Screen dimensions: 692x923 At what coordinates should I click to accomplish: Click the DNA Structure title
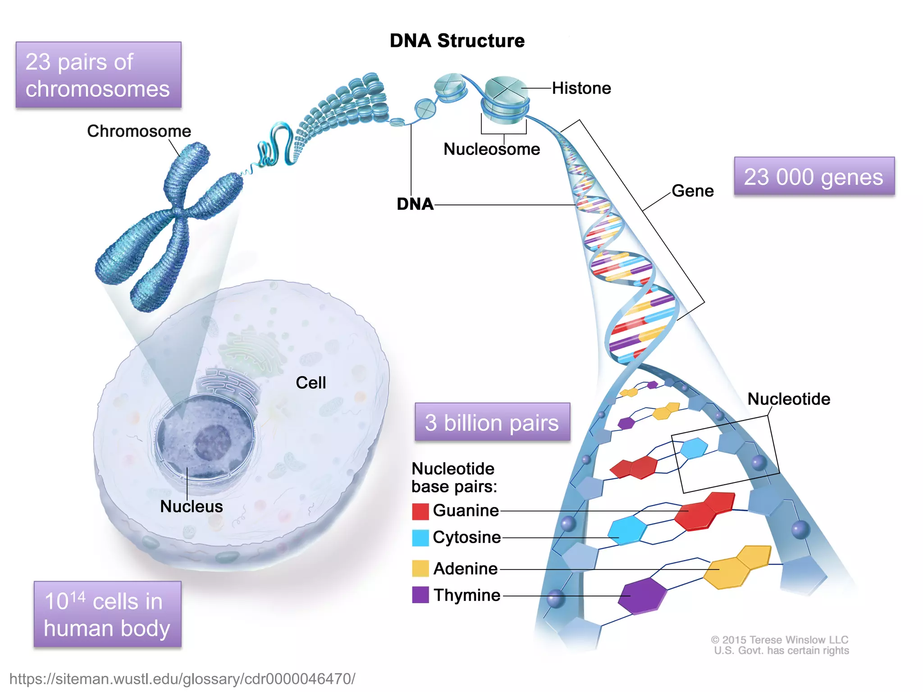[x=457, y=41]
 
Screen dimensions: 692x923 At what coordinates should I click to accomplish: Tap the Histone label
[x=581, y=88]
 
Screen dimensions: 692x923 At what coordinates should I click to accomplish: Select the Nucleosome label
[x=492, y=149]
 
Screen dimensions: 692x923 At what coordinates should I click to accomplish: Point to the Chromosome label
[x=139, y=131]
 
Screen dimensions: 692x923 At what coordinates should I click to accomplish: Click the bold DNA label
[x=415, y=204]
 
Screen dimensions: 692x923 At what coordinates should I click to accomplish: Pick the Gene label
[x=693, y=191]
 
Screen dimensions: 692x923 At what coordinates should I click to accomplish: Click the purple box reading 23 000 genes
[x=814, y=176]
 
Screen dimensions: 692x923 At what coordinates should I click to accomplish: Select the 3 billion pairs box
[x=492, y=422]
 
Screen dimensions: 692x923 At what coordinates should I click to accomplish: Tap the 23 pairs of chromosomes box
[x=98, y=75]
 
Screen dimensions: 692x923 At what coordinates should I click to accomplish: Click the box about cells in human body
[x=107, y=614]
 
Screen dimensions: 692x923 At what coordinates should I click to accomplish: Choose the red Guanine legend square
[x=420, y=511]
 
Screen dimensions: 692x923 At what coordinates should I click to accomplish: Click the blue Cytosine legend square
[x=420, y=538]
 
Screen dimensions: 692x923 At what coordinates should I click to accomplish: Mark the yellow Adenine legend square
[x=420, y=569]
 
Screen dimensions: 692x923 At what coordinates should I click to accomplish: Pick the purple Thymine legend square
[x=420, y=595]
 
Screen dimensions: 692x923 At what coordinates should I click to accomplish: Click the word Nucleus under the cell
[x=192, y=506]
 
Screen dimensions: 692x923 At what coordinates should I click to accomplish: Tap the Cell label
[x=311, y=383]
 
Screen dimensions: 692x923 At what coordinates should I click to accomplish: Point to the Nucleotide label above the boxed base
[x=789, y=399]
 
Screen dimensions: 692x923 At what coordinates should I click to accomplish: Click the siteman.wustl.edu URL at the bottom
[x=182, y=679]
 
